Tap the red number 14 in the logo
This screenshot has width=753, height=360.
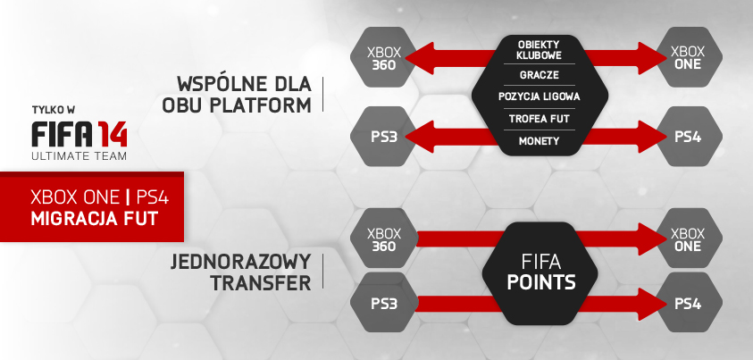coord(113,134)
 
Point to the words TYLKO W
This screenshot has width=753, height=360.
coord(54,110)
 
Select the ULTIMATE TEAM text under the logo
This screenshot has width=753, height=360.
coord(79,156)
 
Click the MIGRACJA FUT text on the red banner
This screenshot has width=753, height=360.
coord(94,219)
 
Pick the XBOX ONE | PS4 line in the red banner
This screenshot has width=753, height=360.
coord(100,197)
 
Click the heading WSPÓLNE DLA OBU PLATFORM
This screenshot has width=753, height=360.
coord(237,95)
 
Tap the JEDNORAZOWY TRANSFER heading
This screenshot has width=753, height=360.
coord(240,272)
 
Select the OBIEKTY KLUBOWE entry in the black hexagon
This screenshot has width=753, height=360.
coord(539,50)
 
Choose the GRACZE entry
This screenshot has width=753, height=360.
coord(539,75)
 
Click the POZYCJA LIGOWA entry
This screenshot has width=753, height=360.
coord(539,96)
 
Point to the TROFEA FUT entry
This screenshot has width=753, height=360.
coord(539,119)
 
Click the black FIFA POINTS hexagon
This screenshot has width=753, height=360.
coord(540,272)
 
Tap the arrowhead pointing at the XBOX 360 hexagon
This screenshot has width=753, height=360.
coord(419,58)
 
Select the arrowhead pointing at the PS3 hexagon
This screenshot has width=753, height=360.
coord(419,137)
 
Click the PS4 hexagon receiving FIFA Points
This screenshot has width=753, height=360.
coord(689,304)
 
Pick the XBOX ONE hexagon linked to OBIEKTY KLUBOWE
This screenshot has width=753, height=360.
coord(689,57)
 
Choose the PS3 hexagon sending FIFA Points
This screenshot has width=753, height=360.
coord(384,304)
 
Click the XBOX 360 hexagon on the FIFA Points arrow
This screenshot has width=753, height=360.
coord(384,239)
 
